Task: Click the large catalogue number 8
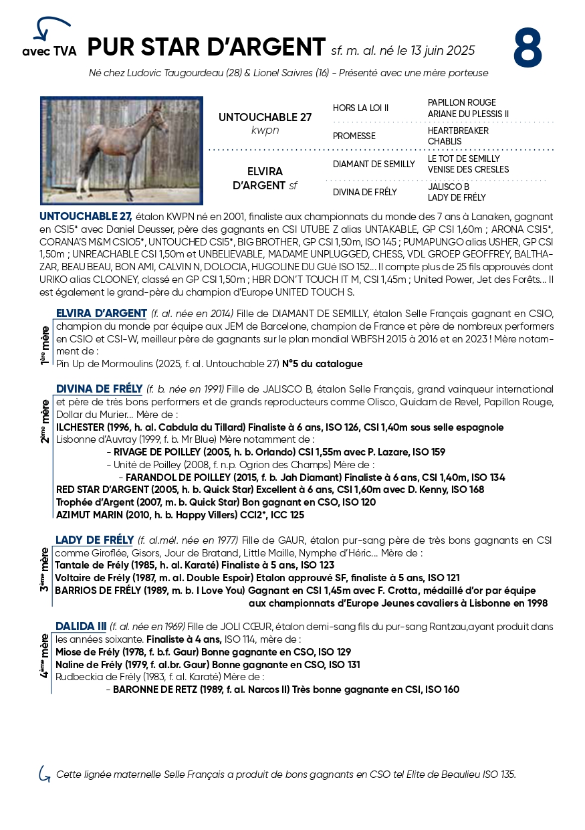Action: (x=528, y=48)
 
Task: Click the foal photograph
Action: (x=122, y=150)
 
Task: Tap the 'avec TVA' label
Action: (x=49, y=51)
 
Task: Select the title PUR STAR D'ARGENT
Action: (x=206, y=47)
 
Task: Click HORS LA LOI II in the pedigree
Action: (x=360, y=108)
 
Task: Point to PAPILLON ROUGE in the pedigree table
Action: (x=461, y=103)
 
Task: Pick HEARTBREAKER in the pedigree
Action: (x=458, y=131)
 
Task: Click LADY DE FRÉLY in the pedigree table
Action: (x=457, y=198)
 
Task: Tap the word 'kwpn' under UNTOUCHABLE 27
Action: (x=265, y=130)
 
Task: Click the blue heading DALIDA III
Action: (x=81, y=627)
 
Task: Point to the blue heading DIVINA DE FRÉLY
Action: (x=99, y=389)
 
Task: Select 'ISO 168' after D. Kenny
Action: (x=468, y=490)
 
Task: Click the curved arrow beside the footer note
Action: (x=44, y=774)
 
